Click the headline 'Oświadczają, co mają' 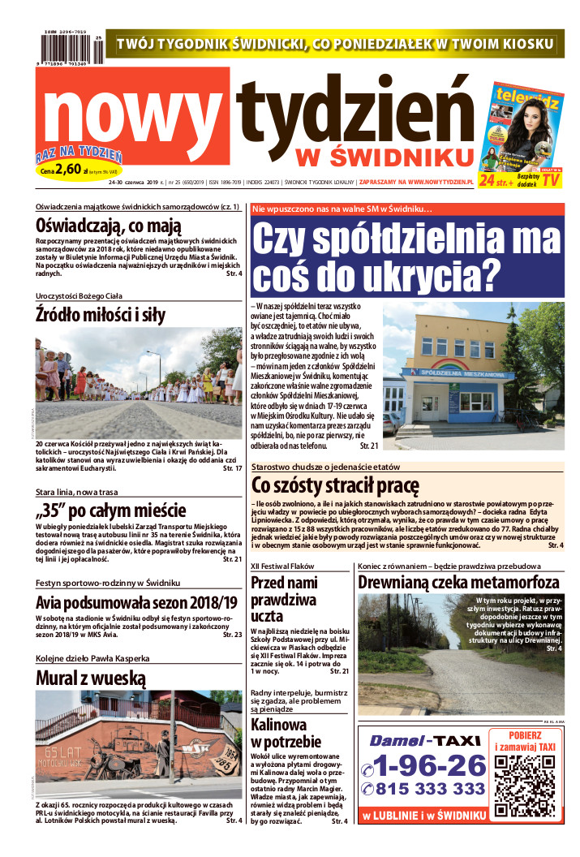pyautogui.click(x=109, y=226)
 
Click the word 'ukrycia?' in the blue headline pyautogui.click(x=429, y=277)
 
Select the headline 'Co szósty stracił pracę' pyautogui.click(x=335, y=486)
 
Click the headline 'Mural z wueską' pyautogui.click(x=90, y=678)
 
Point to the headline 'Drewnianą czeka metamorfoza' pyautogui.click(x=458, y=583)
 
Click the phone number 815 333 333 pyautogui.click(x=429, y=789)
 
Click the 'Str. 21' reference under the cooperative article pyautogui.click(x=369, y=446)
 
